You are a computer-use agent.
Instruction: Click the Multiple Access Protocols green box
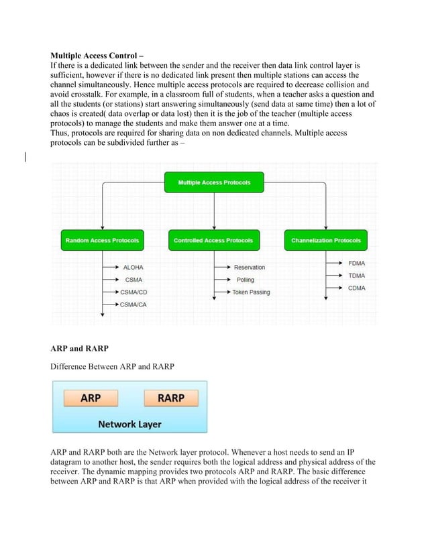pyautogui.click(x=214, y=182)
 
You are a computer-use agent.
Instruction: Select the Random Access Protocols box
pyautogui.click(x=102, y=240)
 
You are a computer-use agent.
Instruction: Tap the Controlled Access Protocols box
pyautogui.click(x=213, y=240)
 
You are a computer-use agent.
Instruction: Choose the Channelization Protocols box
pyautogui.click(x=325, y=240)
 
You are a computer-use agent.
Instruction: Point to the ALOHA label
pyautogui.click(x=133, y=268)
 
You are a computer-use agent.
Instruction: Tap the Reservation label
pyautogui.click(x=249, y=268)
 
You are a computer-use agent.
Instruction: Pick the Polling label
pyautogui.click(x=245, y=280)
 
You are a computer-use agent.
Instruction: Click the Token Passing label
pyautogui.click(x=251, y=292)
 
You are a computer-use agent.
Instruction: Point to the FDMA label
pyautogui.click(x=357, y=263)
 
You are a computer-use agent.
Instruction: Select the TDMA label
pyautogui.click(x=357, y=276)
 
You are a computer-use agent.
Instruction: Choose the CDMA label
pyautogui.click(x=357, y=288)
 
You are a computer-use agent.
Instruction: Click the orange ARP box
pyautogui.click(x=91, y=398)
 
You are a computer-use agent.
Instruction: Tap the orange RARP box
pyautogui.click(x=171, y=398)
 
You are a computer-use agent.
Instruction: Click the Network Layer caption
pyautogui.click(x=129, y=424)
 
